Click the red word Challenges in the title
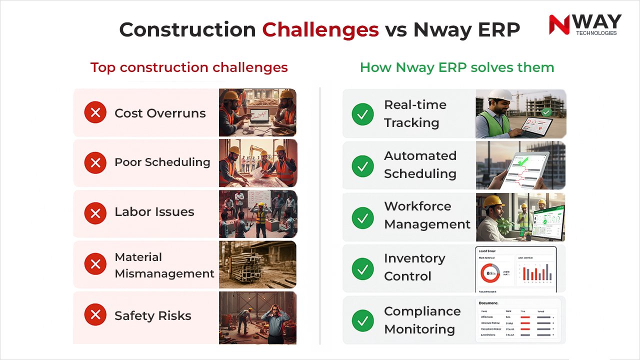pyautogui.click(x=320, y=30)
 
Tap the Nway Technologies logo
pyautogui.click(x=584, y=25)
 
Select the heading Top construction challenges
pyautogui.click(x=189, y=67)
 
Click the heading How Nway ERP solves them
pyautogui.click(x=457, y=67)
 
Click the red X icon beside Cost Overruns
pyautogui.click(x=95, y=113)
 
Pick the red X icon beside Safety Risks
pyautogui.click(x=95, y=315)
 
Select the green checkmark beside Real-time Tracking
pyautogui.click(x=363, y=114)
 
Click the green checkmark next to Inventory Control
pyautogui.click(x=363, y=269)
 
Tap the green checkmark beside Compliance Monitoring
pyautogui.click(x=363, y=320)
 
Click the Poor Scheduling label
pyautogui.click(x=162, y=162)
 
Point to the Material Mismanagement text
pyautogui.click(x=164, y=265)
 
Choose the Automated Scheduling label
pyautogui.click(x=420, y=164)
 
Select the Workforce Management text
pyautogui.click(x=427, y=215)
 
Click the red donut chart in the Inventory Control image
pyautogui.click(x=490, y=273)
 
